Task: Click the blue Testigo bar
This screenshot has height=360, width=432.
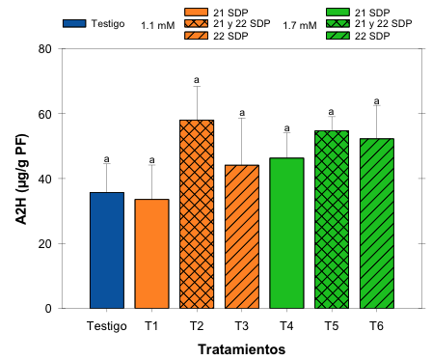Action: coord(107,250)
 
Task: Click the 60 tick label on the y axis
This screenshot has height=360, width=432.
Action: coord(44,114)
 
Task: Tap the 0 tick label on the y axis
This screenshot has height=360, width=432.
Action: coord(47,308)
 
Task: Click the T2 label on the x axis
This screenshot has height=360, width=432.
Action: coord(197,325)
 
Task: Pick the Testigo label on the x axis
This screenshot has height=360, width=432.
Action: coord(107,325)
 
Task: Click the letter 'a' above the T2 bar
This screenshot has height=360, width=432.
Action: coord(197,80)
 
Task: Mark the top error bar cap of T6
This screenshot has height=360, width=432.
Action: coord(376,106)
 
